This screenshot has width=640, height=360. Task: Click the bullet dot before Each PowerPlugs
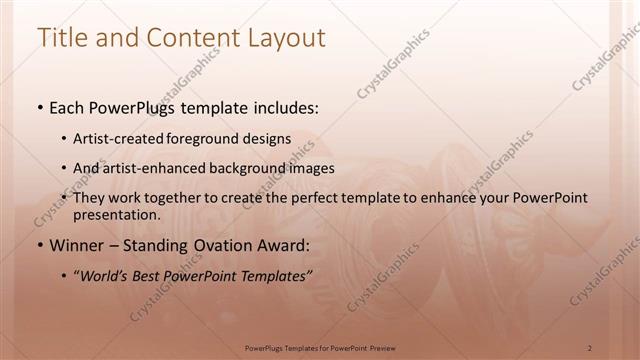[x=39, y=107]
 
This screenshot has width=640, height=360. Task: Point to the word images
[x=311, y=169]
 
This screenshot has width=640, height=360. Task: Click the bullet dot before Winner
[x=39, y=243]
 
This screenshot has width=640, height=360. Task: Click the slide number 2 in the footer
[x=590, y=347]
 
